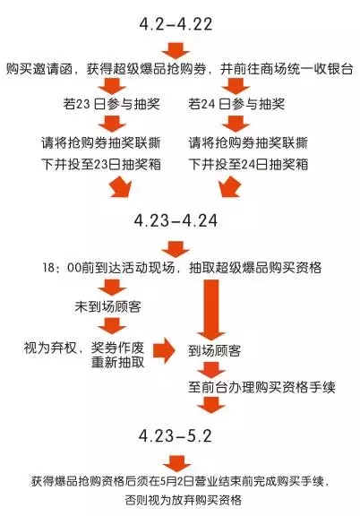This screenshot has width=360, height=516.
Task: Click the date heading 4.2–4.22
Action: point(176,24)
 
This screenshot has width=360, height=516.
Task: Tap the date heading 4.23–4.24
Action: point(176,220)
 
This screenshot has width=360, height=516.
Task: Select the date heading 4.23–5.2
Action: point(176,435)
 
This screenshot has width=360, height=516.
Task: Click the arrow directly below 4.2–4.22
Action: point(176,50)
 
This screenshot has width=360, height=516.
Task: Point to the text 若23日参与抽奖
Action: point(112,104)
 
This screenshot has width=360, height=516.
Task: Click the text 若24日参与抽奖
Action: point(236,104)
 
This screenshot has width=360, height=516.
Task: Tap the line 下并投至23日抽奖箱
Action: point(101,164)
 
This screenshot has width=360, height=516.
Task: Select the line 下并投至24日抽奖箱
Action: point(248,164)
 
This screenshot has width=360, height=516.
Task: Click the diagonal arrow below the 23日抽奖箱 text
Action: point(121,187)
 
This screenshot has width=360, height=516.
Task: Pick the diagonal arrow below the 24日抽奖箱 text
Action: point(230,187)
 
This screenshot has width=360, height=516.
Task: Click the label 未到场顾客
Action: point(108,306)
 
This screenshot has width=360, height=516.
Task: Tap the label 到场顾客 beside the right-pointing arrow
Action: point(215,351)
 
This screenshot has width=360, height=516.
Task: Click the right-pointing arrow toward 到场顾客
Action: point(165,350)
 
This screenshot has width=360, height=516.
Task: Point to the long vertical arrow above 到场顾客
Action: point(211,310)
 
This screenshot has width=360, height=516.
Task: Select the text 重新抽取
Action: point(118,362)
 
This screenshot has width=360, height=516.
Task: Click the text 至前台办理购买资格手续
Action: point(261,387)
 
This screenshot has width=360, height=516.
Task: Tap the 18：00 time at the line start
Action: point(61,268)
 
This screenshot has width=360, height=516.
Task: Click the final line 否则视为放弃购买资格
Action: point(184,500)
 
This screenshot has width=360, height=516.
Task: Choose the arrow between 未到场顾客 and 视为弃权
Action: point(112,325)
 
